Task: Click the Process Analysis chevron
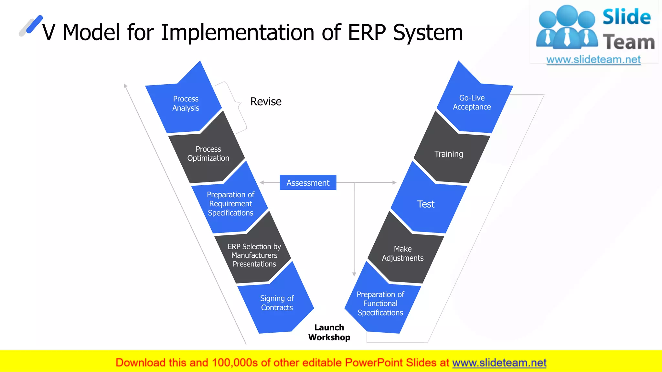186,103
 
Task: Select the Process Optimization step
208,154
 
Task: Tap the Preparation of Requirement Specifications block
230,204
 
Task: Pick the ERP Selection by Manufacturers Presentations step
254,255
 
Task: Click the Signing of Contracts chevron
277,303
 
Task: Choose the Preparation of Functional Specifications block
380,304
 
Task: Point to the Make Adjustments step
403,253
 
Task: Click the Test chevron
426,204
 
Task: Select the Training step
449,154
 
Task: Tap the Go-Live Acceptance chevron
472,102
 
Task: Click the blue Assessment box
308,183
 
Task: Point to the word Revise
266,102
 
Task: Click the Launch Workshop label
329,332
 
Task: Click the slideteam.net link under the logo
593,60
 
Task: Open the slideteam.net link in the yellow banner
499,363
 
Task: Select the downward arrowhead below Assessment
354,274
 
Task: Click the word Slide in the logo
626,17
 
